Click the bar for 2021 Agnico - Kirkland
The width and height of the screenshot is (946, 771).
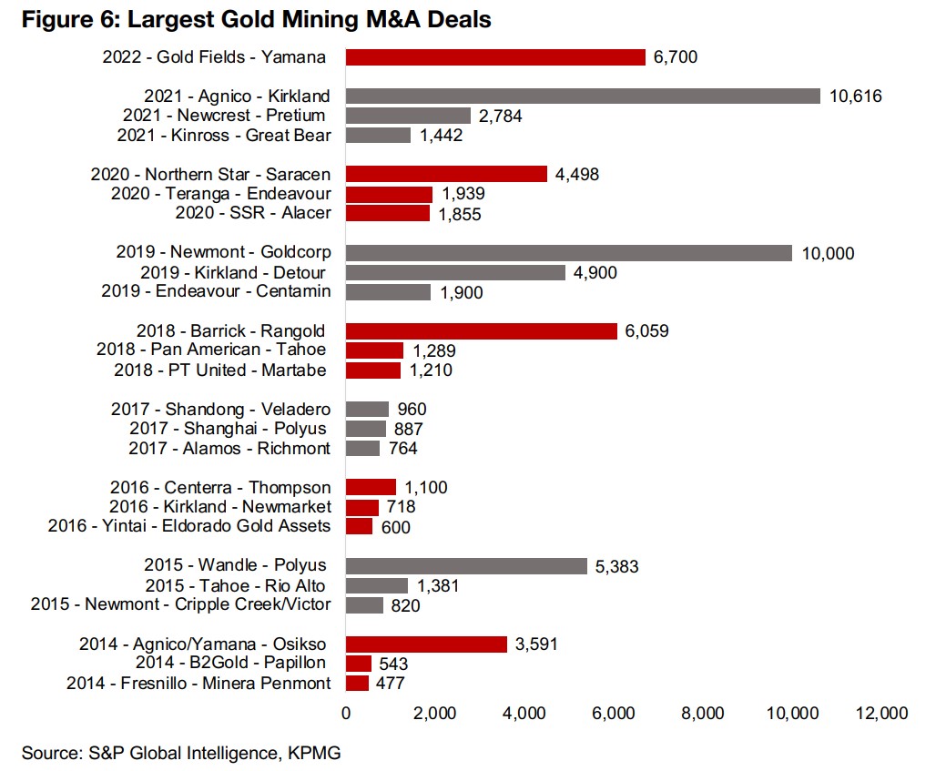[583, 96]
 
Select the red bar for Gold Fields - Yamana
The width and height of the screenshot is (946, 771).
[495, 57]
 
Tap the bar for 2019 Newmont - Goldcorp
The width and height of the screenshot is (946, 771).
[569, 253]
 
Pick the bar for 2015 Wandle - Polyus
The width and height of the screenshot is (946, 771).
[466, 566]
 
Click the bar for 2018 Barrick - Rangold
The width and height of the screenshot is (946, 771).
[481, 331]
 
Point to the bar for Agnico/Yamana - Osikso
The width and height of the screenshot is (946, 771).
[426, 644]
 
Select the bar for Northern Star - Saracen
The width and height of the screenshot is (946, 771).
[446, 175]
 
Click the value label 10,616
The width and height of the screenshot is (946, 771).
[856, 96]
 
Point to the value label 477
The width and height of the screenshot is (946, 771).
[391, 684]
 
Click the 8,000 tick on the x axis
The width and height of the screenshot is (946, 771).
[703, 714]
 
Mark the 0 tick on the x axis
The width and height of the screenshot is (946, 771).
[346, 714]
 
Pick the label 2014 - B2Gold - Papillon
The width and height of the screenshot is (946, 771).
[232, 664]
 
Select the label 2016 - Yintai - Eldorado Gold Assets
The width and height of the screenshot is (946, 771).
[189, 527]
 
